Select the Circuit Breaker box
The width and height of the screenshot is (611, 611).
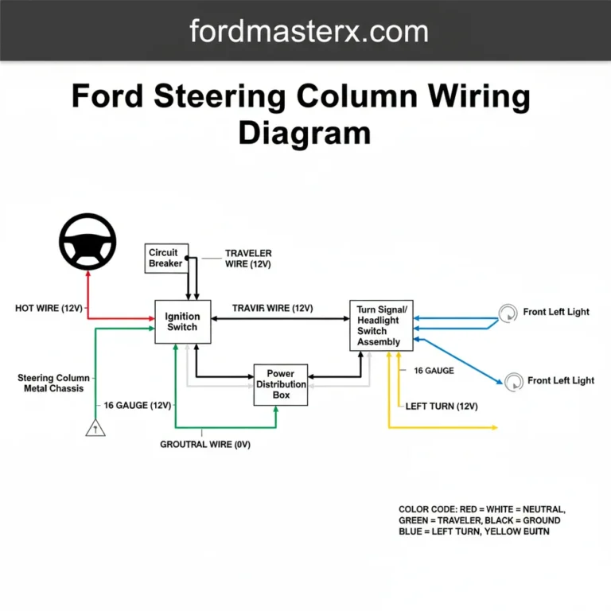[165, 258]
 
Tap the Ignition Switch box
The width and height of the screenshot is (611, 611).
[182, 321]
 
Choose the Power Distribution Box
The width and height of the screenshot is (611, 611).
[280, 384]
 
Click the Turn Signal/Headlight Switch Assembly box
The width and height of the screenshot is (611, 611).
[381, 325]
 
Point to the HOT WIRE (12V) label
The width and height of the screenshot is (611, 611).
[49, 308]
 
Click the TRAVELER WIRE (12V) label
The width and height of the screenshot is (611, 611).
[248, 259]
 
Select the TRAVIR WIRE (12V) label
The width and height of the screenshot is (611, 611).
[272, 308]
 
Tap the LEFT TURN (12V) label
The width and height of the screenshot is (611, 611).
[442, 406]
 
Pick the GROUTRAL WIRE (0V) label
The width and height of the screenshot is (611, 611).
[205, 445]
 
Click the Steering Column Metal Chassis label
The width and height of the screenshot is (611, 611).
[50, 383]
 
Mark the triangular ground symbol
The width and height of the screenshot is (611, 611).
[95, 429]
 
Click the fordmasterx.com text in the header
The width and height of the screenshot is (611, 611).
[309, 31]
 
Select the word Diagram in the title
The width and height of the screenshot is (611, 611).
[305, 132]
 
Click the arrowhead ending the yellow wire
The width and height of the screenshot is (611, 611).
[494, 427]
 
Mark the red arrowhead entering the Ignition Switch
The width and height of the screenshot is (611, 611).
[151, 318]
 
